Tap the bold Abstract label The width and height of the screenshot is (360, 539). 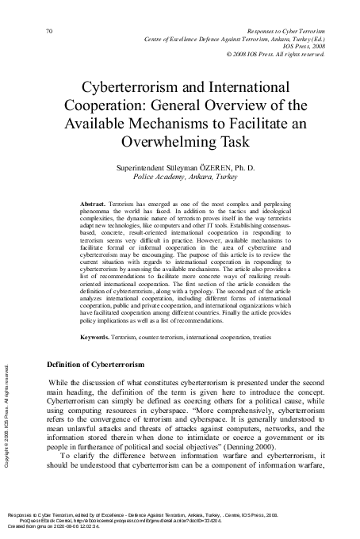[94, 204]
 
